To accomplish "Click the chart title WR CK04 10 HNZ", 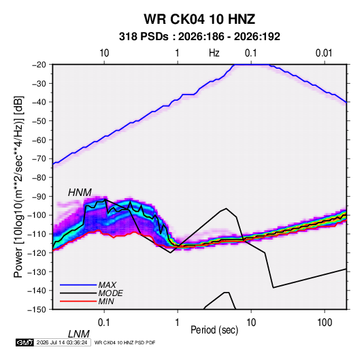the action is pyautogui.click(x=199, y=19).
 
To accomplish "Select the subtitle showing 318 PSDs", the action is pyautogui.click(x=199, y=37).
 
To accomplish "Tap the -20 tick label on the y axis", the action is pyautogui.click(x=39, y=65).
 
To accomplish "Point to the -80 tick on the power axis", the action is pyautogui.click(x=39, y=178).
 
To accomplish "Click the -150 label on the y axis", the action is pyautogui.click(x=37, y=310).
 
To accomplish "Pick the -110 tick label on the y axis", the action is pyautogui.click(x=37, y=234).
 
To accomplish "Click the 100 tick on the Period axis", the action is pyautogui.click(x=325, y=323).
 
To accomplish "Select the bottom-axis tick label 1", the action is pyautogui.click(x=177, y=323).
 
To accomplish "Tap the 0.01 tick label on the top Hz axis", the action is pyautogui.click(x=324, y=53).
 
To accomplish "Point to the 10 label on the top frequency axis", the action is pyautogui.click(x=104, y=53).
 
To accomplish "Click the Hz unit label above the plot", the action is pyautogui.click(x=214, y=53).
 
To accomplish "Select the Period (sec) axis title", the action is pyautogui.click(x=214, y=330).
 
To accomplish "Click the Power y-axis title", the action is pyautogui.click(x=18, y=186).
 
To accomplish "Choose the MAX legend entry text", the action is pyautogui.click(x=107, y=285).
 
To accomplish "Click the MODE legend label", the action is pyautogui.click(x=110, y=293).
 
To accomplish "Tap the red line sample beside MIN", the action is pyautogui.click(x=78, y=301).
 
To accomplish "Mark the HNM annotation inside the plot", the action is pyautogui.click(x=80, y=193).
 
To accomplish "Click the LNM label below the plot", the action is pyautogui.click(x=78, y=334).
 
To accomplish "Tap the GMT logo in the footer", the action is pyautogui.click(x=24, y=342).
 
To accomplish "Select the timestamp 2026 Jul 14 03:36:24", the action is pyautogui.click(x=62, y=342).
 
